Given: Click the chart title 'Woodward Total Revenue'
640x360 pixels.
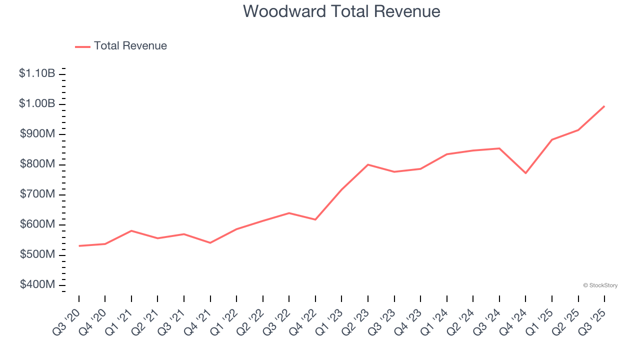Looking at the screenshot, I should [x=341, y=11].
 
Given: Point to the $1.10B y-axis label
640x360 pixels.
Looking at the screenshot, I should [x=37, y=73].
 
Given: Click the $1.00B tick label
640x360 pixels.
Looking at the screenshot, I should [x=37, y=104].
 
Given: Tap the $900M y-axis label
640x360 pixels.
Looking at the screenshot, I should [x=37, y=134].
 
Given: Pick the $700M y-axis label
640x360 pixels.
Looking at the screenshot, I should [x=37, y=194].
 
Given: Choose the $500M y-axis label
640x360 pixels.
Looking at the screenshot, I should [x=37, y=255].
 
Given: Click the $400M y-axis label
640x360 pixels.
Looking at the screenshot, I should [x=37, y=285].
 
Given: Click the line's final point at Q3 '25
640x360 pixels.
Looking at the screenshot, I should [x=604, y=106].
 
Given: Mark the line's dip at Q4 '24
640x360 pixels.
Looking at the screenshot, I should [x=525, y=173].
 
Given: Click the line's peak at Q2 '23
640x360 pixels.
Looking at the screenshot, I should [x=368, y=164].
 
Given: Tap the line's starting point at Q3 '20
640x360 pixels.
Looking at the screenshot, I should [x=79, y=246].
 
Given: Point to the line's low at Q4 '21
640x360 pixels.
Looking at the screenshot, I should [x=210, y=243].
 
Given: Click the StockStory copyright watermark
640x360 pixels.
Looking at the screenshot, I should [x=600, y=285].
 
